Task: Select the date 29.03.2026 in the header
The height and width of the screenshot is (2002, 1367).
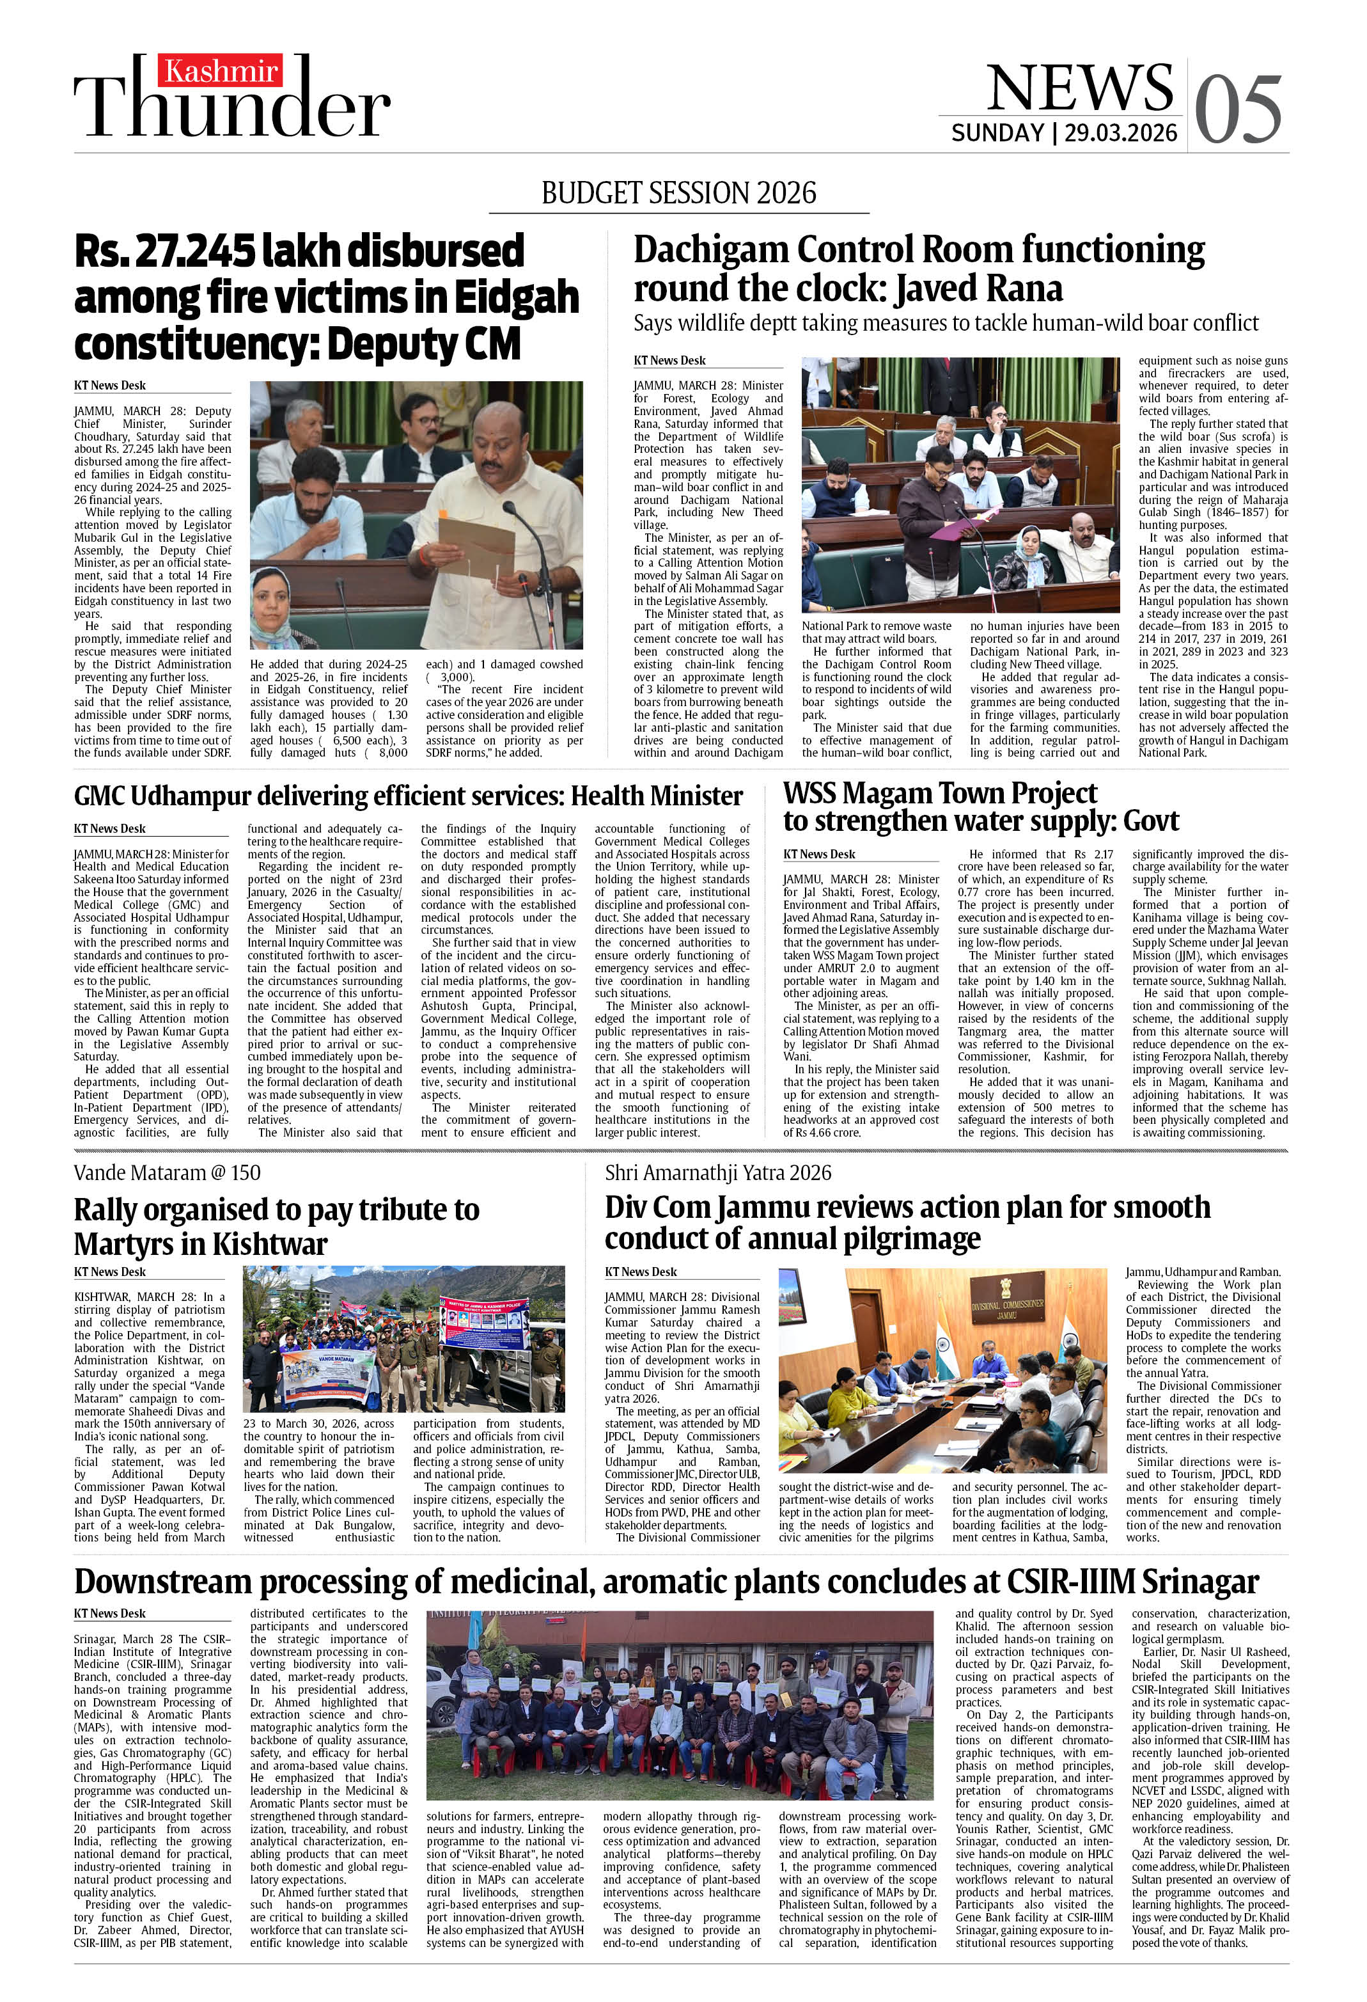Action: click(1121, 132)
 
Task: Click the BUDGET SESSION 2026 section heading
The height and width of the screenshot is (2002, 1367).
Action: click(679, 192)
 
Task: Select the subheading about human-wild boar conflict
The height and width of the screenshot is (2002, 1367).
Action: click(946, 323)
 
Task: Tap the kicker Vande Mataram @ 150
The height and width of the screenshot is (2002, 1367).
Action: click(167, 1172)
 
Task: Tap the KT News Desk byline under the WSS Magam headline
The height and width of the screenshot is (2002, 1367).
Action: click(819, 854)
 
